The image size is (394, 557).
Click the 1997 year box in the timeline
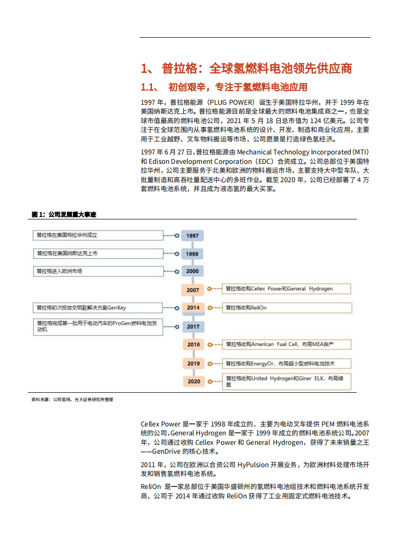point(193,236)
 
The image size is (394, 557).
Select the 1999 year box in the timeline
point(193,254)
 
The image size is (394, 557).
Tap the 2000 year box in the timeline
point(193,272)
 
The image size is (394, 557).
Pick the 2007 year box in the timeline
point(193,290)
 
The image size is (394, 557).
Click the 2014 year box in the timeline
point(193,308)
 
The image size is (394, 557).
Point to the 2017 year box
point(193,326)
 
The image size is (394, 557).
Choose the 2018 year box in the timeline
point(193,345)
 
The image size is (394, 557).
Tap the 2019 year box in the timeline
point(193,363)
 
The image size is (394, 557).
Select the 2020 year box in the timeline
point(193,381)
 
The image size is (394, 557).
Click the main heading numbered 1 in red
point(246,68)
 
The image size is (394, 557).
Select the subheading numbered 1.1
point(224,87)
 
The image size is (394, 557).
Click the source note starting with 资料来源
point(72,399)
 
